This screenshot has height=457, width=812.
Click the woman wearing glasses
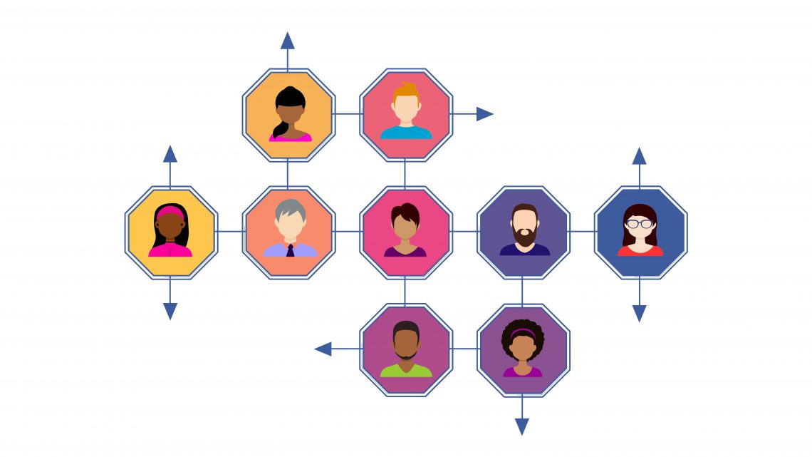[x=640, y=230]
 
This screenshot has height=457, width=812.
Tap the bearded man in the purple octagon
[x=524, y=230]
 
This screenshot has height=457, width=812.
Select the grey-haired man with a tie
[x=289, y=230]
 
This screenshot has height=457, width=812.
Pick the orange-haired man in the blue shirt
[x=406, y=112]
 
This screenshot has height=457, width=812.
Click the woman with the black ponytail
[x=289, y=113]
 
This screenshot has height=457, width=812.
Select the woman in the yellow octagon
[x=171, y=230]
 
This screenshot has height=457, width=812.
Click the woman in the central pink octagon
[x=405, y=230]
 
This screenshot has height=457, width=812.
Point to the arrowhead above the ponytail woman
[x=288, y=40]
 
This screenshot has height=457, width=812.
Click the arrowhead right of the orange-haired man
[x=484, y=114]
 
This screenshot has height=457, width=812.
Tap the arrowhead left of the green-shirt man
[x=323, y=349]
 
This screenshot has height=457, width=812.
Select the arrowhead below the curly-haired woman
[x=522, y=426]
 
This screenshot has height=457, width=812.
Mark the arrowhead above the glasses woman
[x=640, y=156]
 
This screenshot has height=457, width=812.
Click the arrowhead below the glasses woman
[x=640, y=312]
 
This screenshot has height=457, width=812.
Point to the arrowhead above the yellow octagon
[x=170, y=154]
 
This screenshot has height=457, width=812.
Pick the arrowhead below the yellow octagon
[x=170, y=311]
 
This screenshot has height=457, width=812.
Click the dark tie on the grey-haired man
[x=290, y=250]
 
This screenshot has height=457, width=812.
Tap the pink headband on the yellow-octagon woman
[x=171, y=212]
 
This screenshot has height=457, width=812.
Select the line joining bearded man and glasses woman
[x=582, y=231]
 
